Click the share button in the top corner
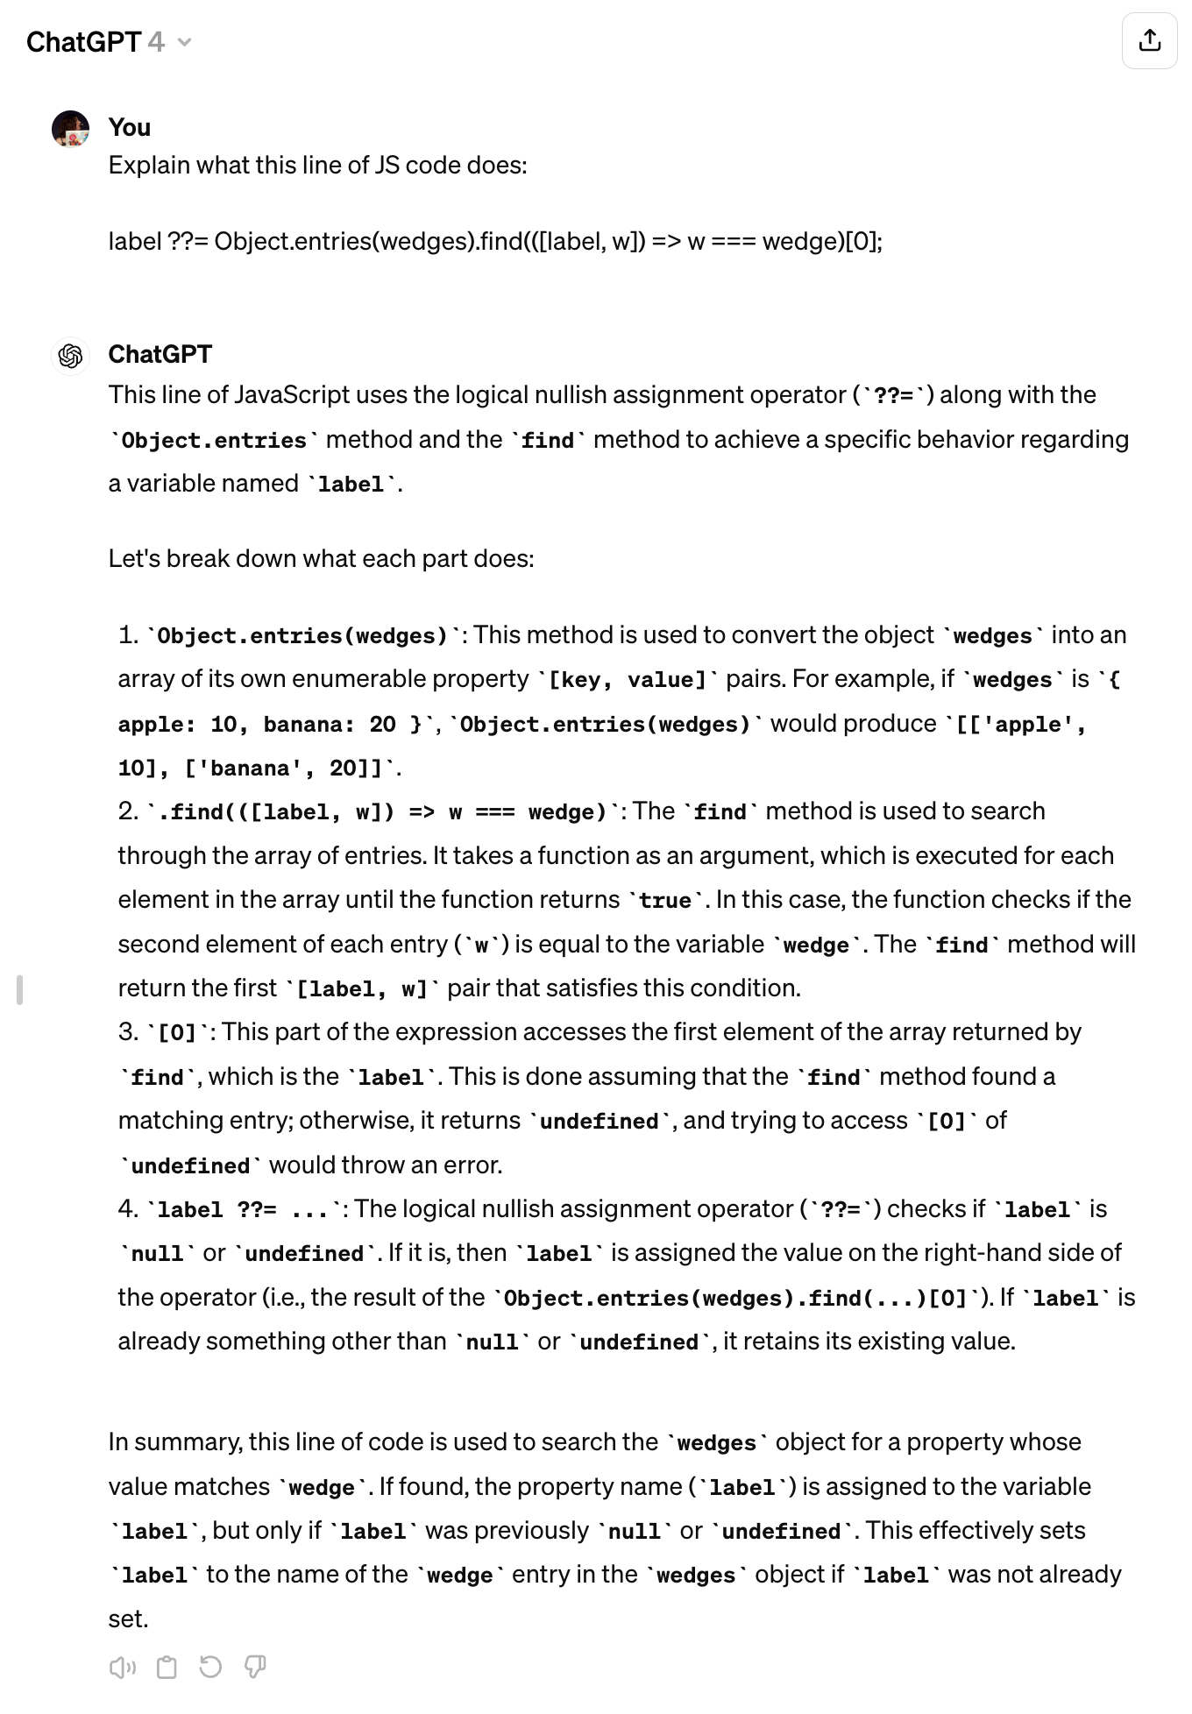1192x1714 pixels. coord(1149,40)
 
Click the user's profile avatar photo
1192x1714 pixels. coord(70,129)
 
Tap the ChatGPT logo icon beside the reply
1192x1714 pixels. coord(70,356)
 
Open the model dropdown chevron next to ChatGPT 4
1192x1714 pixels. coord(184,42)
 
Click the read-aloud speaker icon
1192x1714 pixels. coord(122,1667)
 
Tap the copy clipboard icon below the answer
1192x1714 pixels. coord(166,1667)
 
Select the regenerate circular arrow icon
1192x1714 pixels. coord(210,1666)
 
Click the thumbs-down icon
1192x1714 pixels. coord(255,1666)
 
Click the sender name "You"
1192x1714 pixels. coord(129,128)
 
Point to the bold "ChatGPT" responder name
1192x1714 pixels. coord(160,354)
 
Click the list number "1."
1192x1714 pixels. coord(128,634)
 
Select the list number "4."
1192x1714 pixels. coord(128,1209)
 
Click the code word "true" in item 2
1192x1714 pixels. coord(665,901)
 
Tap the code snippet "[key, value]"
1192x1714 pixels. coord(627,680)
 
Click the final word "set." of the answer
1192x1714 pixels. coord(129,1619)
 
